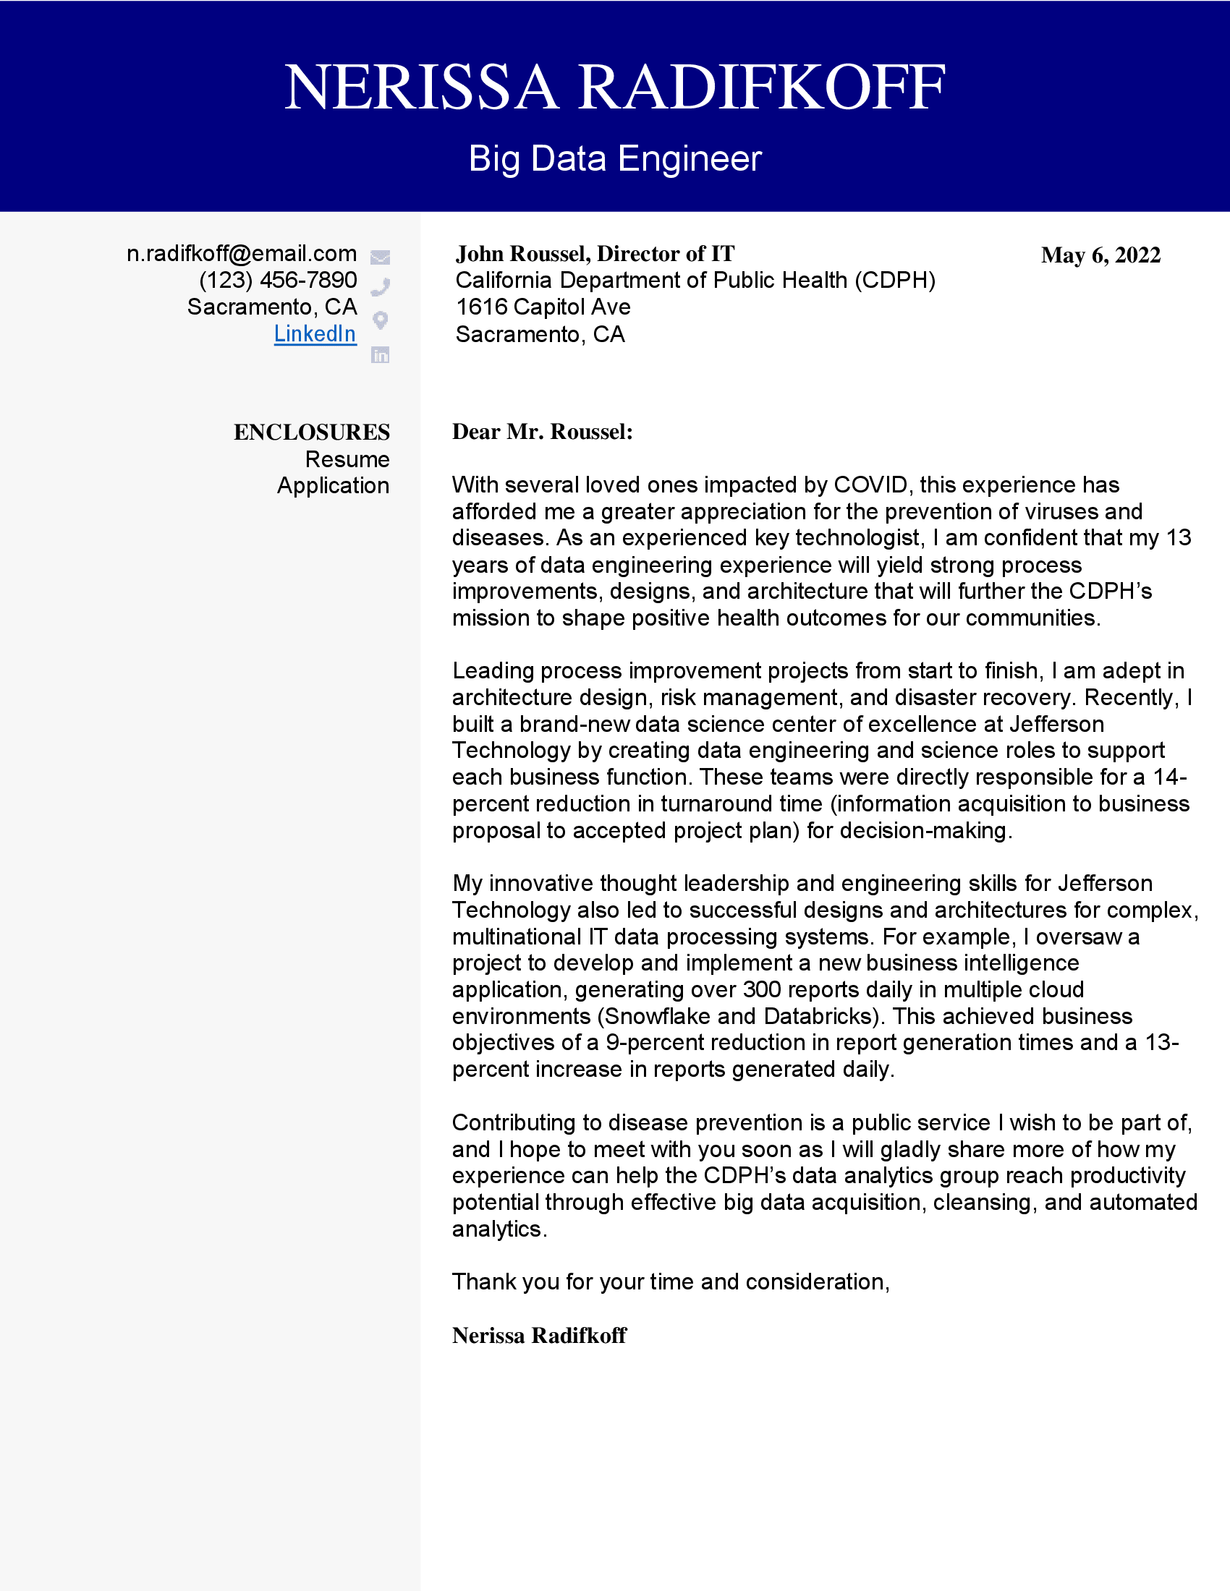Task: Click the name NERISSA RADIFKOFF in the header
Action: click(614, 88)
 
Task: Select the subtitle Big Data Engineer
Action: click(614, 159)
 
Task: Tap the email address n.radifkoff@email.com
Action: click(241, 254)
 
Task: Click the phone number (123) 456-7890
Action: click(278, 280)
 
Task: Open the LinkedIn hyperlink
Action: click(315, 333)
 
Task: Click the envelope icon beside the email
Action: click(381, 257)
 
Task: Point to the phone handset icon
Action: click(381, 287)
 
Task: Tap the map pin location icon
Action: click(381, 320)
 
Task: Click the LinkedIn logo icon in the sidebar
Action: click(381, 355)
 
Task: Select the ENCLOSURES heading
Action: click(311, 432)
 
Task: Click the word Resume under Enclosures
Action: click(347, 460)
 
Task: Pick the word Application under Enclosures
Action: click(333, 486)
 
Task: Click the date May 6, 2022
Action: click(1100, 256)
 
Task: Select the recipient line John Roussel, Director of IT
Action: click(595, 254)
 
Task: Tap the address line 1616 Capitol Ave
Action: click(543, 307)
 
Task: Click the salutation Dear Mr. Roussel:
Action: click(542, 432)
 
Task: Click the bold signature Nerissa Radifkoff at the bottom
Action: click(539, 1335)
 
